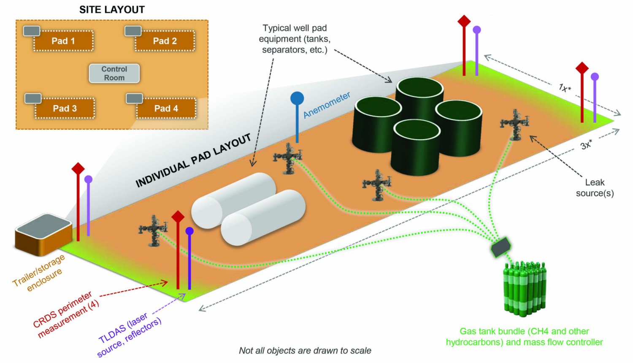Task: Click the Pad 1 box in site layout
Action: pos(63,41)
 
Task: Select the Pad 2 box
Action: pos(165,41)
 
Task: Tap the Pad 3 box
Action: pos(65,108)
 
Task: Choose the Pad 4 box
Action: pos(166,108)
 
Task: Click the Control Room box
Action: pos(114,73)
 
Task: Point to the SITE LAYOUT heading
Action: pos(112,10)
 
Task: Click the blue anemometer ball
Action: pos(297,98)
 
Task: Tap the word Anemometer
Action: pos(327,105)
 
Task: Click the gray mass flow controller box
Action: pos(501,247)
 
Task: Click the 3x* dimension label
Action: pos(586,145)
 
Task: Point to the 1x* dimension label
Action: pos(565,88)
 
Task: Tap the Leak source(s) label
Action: pos(595,188)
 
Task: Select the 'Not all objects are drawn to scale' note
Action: pos(305,351)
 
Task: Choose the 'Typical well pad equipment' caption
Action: pos(295,39)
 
